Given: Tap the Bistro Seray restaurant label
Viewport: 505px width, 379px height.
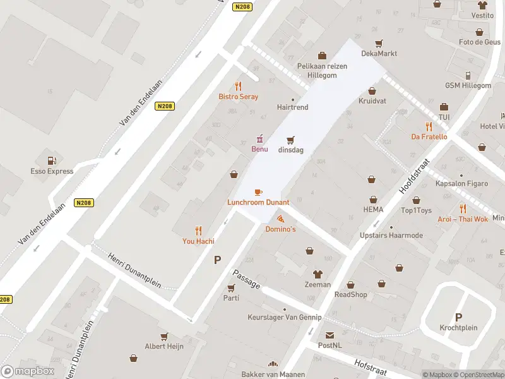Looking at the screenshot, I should (x=238, y=97).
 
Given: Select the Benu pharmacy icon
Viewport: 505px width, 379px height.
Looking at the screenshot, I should (x=259, y=139).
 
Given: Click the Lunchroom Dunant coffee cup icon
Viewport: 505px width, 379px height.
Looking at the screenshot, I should (x=258, y=192).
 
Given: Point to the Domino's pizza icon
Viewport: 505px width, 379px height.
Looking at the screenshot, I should (x=280, y=219).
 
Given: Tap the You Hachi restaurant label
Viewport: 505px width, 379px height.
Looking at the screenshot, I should (x=198, y=241).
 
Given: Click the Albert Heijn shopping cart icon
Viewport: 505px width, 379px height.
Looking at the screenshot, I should (x=164, y=337).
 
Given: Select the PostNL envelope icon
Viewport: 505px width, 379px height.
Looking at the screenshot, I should (x=330, y=335).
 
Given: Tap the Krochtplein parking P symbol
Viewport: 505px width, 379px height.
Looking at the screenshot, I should (x=458, y=317).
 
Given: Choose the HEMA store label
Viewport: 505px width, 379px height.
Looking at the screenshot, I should (x=373, y=209).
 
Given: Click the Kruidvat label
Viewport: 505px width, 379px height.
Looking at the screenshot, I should (x=372, y=101).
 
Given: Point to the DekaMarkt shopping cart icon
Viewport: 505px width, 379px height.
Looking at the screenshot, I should (x=379, y=43).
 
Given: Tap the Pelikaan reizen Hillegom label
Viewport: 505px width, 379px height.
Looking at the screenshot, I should (x=322, y=69).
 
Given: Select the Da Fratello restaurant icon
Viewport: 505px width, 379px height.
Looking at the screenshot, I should (x=429, y=126).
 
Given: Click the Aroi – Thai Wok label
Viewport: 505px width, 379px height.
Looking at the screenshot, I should (x=463, y=219).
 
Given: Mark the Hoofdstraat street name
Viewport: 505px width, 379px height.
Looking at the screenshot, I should (x=414, y=176).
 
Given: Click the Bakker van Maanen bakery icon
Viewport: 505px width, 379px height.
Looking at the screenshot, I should (x=273, y=364).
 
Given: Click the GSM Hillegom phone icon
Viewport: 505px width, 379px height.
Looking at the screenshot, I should (x=468, y=75).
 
